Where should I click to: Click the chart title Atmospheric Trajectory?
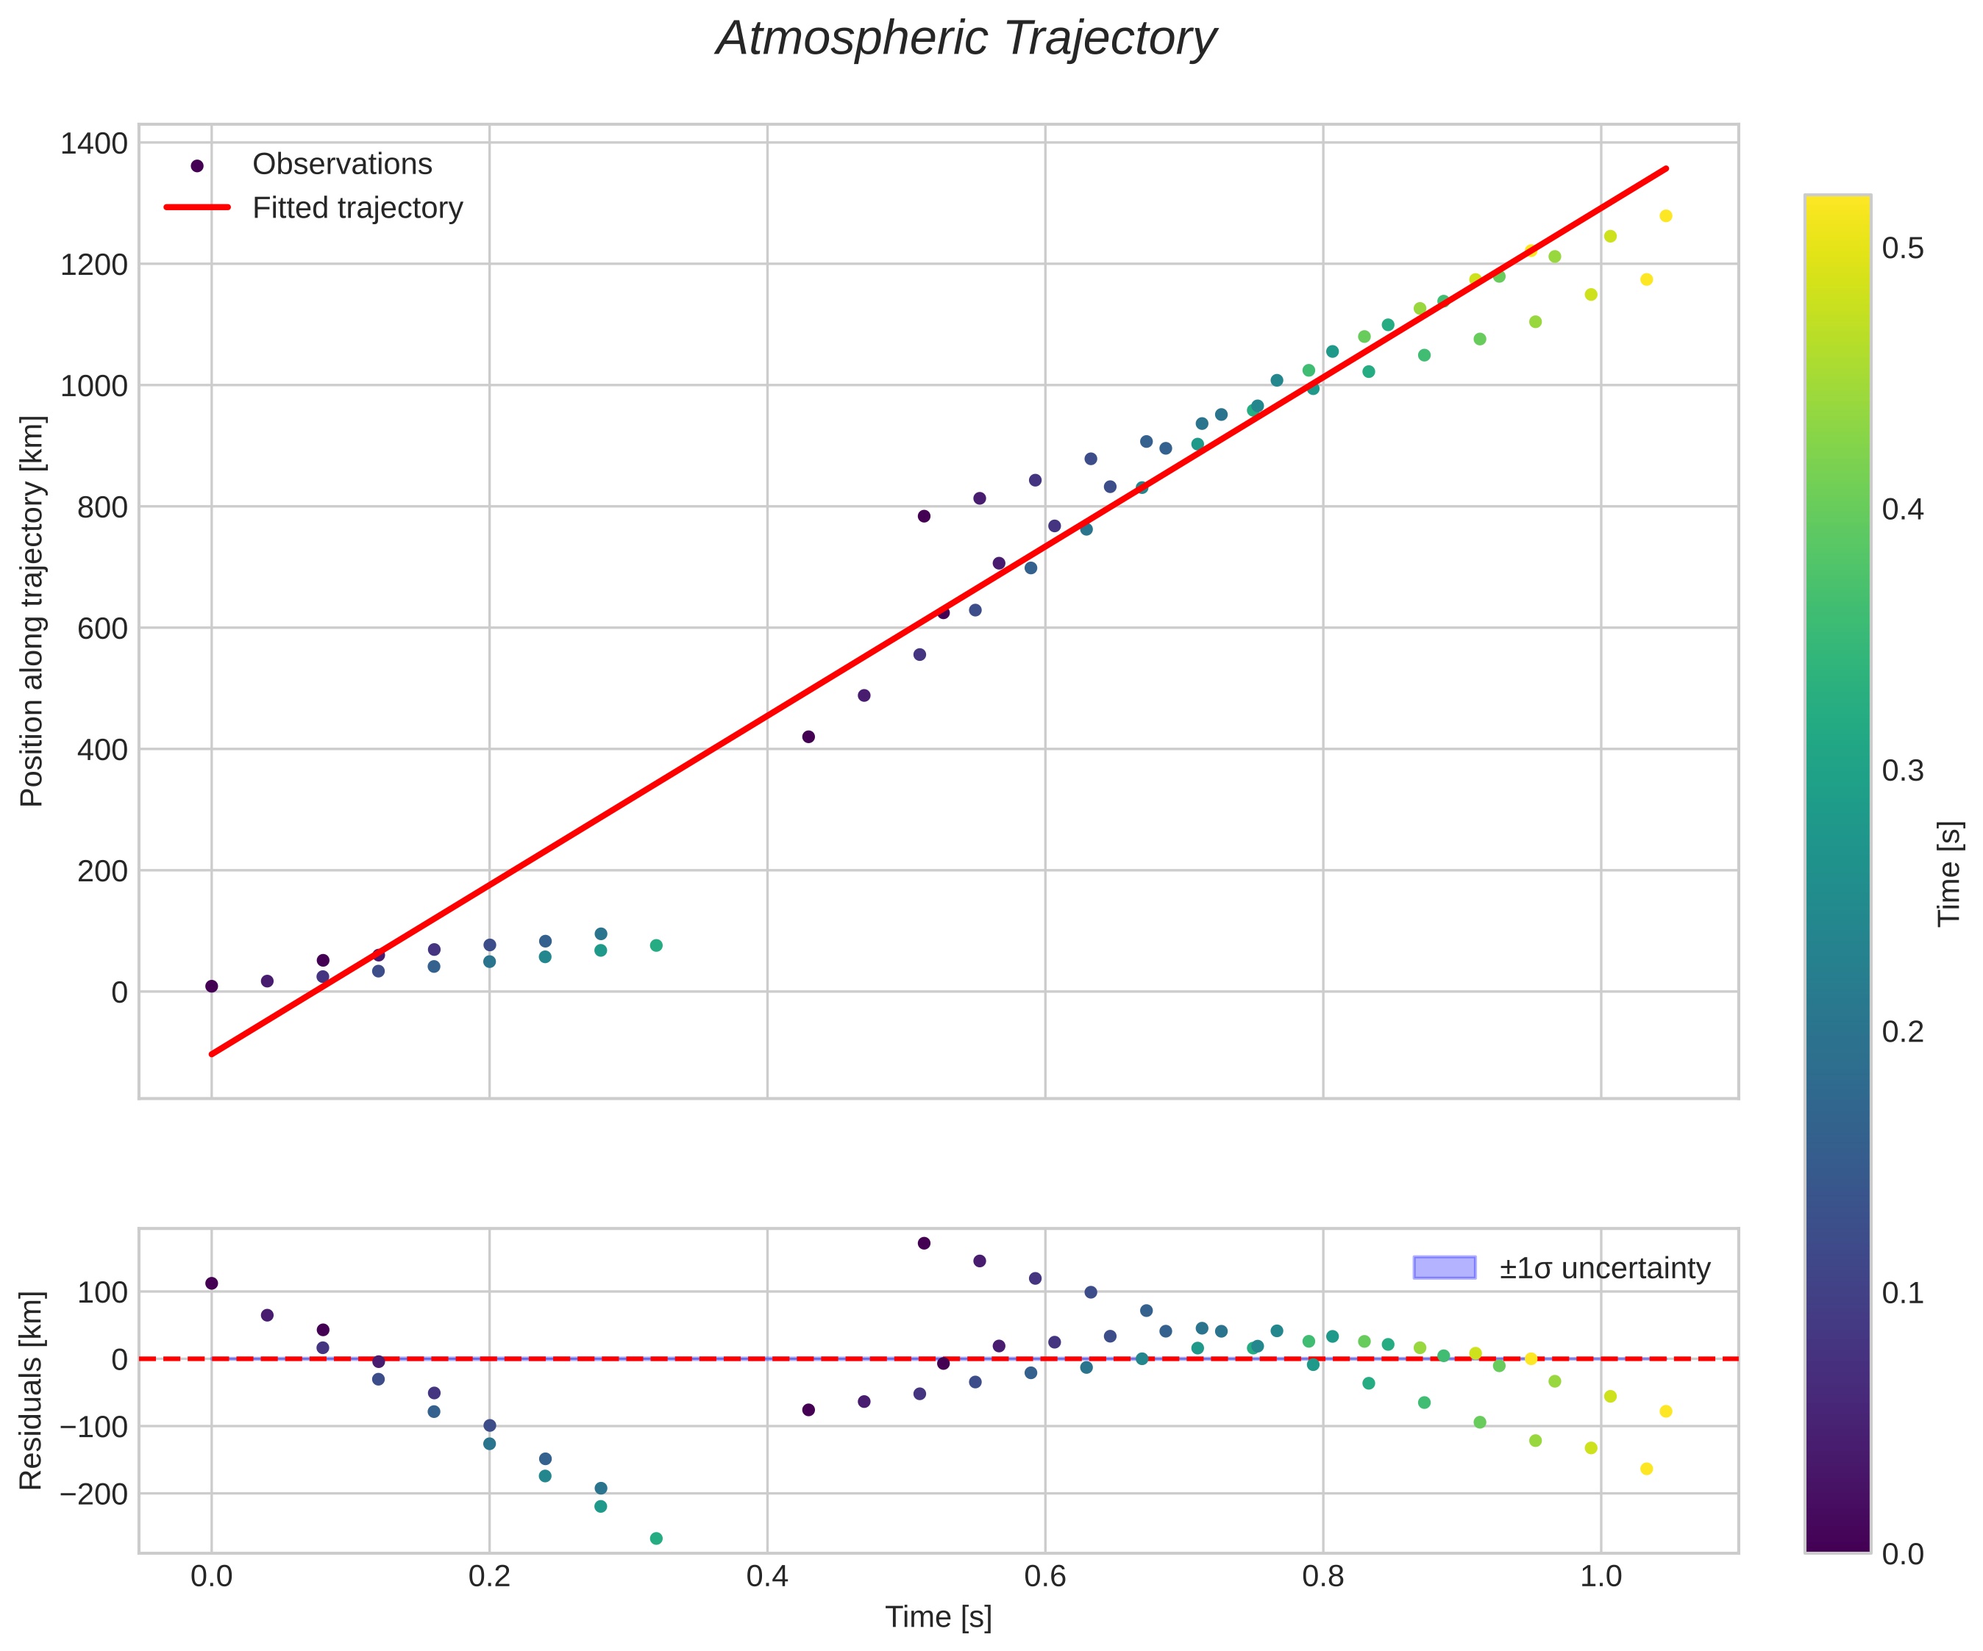(x=965, y=40)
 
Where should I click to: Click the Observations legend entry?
(x=342, y=164)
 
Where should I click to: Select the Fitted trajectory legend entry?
(x=357, y=208)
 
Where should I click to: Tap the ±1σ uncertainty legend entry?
(x=1604, y=1268)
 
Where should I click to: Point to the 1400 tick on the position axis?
(x=93, y=143)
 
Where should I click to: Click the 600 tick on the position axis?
(x=102, y=628)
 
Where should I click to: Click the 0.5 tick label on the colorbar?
(x=1903, y=248)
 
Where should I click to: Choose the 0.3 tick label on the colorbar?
(x=1903, y=771)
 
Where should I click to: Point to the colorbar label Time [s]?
(x=1950, y=873)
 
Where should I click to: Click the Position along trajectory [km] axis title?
(x=32, y=611)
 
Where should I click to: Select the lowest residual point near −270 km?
(x=656, y=1539)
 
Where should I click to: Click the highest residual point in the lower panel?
(x=924, y=1243)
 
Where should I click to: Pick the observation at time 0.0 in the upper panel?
(x=212, y=986)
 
